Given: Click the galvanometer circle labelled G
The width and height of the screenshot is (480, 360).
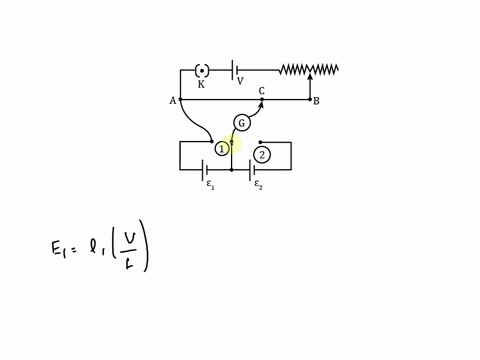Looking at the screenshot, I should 242,123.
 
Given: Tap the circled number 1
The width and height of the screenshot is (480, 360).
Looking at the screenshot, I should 222,149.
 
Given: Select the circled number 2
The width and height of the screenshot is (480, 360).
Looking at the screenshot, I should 262,155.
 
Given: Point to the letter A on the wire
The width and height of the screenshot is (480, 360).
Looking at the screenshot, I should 173,101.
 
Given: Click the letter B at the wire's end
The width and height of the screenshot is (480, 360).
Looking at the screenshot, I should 316,101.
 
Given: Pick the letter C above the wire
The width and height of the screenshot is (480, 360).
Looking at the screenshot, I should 262,91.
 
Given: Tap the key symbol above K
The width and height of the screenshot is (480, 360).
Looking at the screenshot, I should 202,70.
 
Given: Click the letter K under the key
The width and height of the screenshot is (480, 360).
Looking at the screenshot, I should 201,84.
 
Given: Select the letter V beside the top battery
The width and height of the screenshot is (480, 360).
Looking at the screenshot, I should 240,82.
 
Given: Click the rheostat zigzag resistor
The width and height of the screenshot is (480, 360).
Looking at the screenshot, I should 308,69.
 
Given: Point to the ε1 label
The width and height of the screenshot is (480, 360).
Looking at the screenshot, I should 210,185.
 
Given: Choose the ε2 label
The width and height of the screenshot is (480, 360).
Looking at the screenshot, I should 258,185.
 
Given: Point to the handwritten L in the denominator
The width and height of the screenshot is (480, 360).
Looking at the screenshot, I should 131,261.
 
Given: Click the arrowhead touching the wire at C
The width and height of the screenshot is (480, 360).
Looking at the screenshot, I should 262,101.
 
